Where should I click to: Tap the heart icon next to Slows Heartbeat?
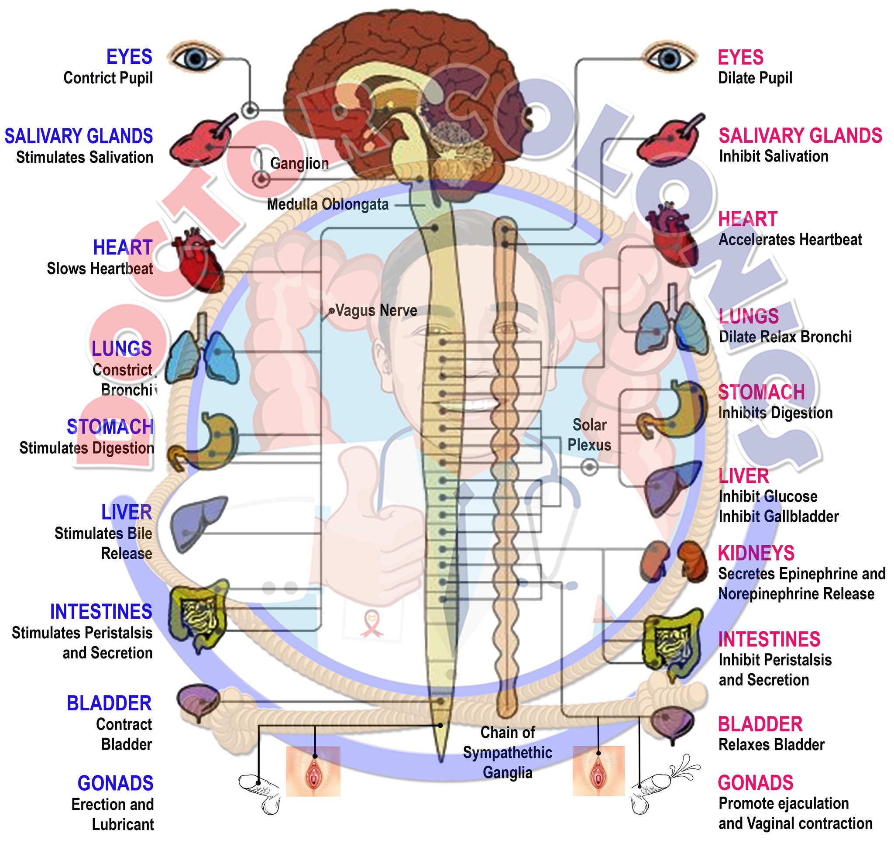point(198,260)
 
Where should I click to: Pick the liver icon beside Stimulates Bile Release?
point(199,524)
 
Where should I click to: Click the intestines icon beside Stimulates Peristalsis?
point(199,614)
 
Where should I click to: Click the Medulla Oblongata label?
point(328,204)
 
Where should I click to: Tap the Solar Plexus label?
point(589,435)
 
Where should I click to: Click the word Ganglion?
point(299,163)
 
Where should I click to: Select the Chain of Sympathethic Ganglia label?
point(508,753)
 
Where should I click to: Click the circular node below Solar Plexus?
point(589,467)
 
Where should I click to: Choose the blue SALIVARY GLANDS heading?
point(79,136)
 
